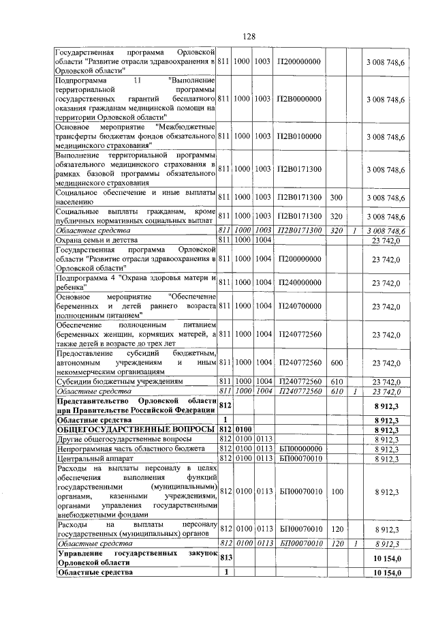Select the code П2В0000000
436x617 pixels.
tap(299, 99)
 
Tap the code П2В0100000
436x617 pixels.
tap(299, 136)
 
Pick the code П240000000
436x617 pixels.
tap(299, 282)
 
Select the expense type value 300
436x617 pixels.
tap(336, 197)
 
